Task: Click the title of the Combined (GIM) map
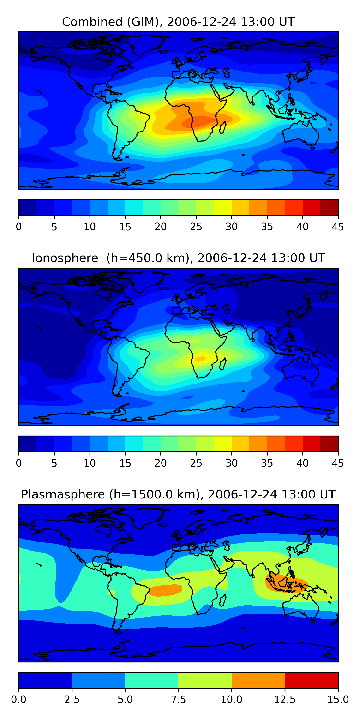178,22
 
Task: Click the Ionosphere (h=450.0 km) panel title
178,258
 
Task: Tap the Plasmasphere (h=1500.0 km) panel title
178,494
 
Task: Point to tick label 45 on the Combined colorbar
338,227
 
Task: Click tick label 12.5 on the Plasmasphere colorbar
285,699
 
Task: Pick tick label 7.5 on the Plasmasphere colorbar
178,699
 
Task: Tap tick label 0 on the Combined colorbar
19,227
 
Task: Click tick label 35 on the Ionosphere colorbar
267,463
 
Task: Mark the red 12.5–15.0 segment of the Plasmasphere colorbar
311,680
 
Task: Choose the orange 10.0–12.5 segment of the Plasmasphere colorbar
258,680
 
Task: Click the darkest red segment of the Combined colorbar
329,207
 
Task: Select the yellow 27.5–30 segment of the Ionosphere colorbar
222,444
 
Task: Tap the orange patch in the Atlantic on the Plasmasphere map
165,590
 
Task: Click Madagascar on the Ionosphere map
223,364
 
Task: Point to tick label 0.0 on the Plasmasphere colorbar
19,699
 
